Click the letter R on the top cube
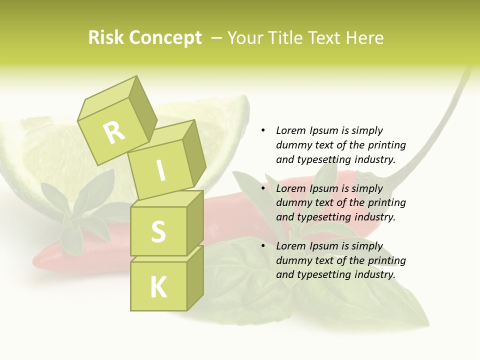[x=114, y=132]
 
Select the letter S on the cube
[x=158, y=231]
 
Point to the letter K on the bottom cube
[x=158, y=287]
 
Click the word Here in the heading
[x=364, y=37]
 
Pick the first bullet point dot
[x=263, y=130]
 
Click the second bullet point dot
[x=263, y=188]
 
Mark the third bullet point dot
[x=263, y=246]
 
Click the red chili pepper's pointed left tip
[x=35, y=261]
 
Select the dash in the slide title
[x=217, y=37]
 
